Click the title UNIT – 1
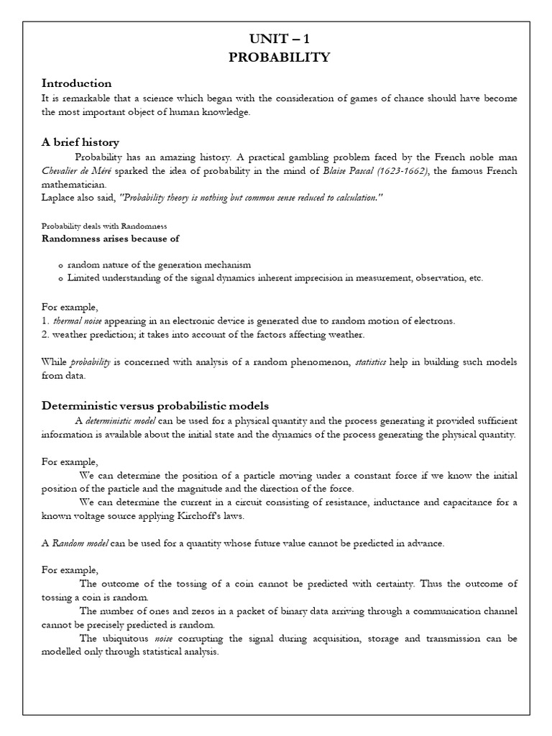[279, 40]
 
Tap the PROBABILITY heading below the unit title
[279, 57]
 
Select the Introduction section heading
[76, 83]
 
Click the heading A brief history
[80, 142]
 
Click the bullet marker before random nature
[60, 265]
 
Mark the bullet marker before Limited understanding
[60, 278]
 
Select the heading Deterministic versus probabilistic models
[155, 406]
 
